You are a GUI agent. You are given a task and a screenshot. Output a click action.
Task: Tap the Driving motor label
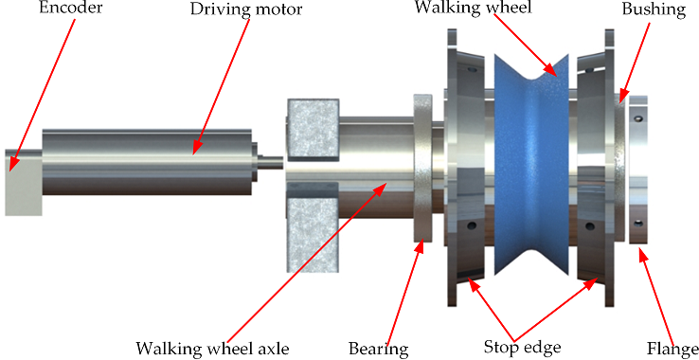coord(246,9)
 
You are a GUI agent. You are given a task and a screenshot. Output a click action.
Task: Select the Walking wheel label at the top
coord(474,8)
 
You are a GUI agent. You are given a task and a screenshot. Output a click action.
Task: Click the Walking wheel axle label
coord(212,348)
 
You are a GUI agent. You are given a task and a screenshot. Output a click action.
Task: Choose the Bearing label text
coord(379,349)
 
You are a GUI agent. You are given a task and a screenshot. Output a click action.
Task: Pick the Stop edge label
coord(522,347)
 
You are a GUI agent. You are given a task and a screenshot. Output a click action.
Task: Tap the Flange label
coord(672,349)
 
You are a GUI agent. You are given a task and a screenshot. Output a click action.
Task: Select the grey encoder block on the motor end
coord(23,183)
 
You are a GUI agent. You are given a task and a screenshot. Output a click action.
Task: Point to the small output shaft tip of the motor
coord(270,162)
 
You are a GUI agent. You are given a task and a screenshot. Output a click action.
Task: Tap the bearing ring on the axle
coord(422,169)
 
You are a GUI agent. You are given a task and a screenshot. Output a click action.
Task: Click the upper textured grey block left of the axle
coord(314,130)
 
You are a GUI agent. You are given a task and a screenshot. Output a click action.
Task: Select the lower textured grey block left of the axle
coord(313,228)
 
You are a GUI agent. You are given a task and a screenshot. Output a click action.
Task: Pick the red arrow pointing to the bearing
coord(403,292)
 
